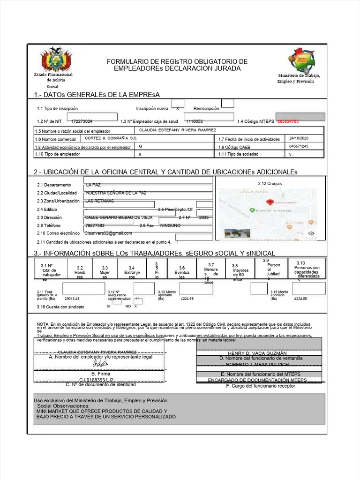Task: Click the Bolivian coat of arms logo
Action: pos(56,59)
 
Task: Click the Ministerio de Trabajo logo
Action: pos(302,60)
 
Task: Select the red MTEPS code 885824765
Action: pos(295,121)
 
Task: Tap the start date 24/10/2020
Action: pos(300,138)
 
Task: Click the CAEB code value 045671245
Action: pos(300,146)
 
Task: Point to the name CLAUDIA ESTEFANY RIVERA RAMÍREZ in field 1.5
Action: pos(178,130)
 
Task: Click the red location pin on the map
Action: pos(270,202)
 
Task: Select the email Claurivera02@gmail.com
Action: pos(108,233)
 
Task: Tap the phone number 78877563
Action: pos(95,225)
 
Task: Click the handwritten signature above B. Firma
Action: pos(100,363)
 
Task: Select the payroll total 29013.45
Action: pos(72,299)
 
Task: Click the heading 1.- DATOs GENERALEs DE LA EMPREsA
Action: pos(97,95)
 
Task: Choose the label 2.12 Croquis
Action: pos(270,183)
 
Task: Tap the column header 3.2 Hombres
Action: pos(80,272)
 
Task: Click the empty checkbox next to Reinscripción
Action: pos(227,103)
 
